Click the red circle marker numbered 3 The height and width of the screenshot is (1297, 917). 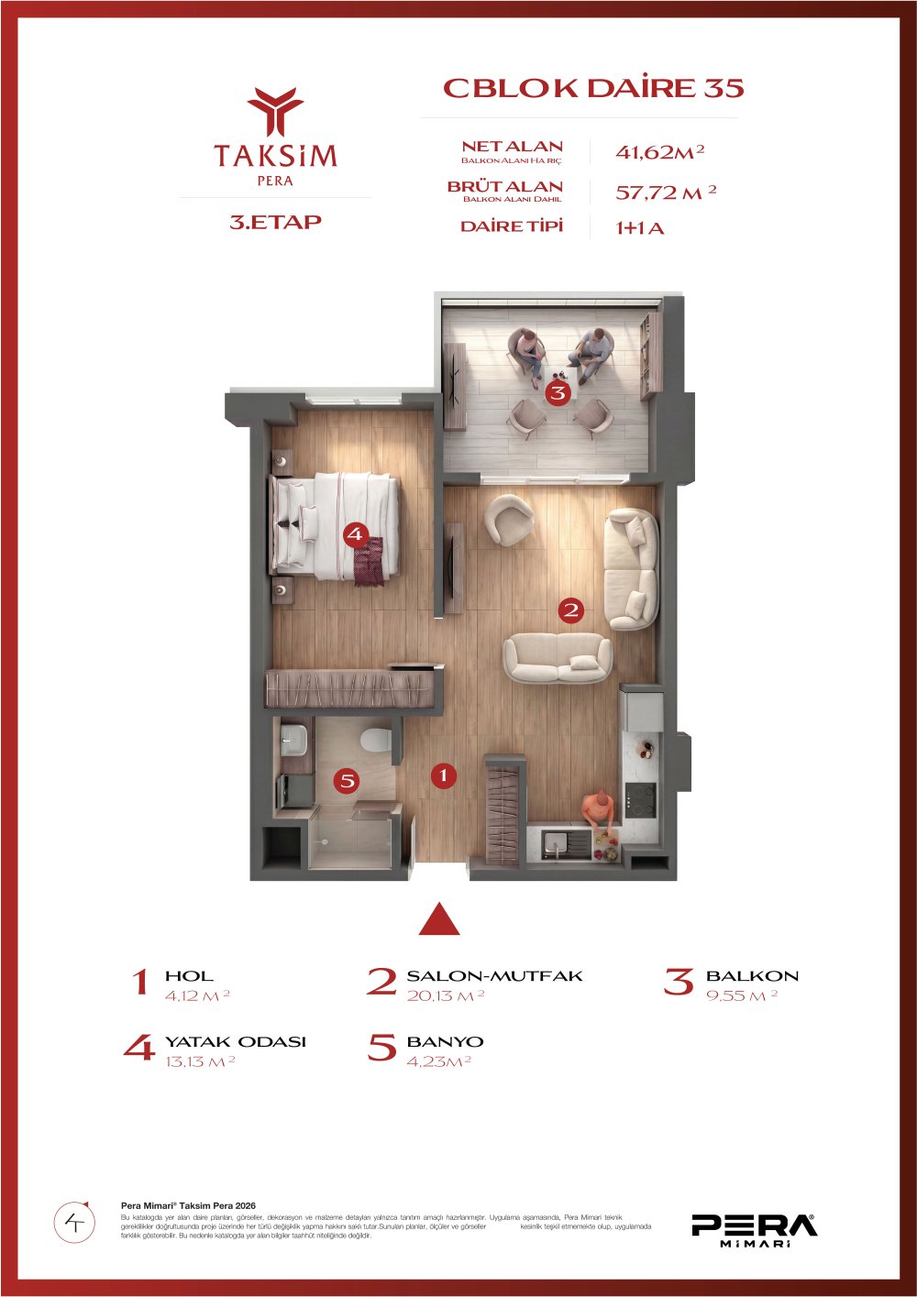coord(558,393)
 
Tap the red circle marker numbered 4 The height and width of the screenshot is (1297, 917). coord(355,533)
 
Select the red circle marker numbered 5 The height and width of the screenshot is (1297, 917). coord(347,781)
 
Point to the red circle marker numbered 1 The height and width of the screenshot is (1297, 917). coord(444,775)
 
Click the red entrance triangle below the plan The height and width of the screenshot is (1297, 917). coord(439,919)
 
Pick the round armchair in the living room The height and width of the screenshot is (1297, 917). coord(509,519)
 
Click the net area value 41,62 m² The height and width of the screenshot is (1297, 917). coord(660,152)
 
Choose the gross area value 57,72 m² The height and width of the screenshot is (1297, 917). coord(666,192)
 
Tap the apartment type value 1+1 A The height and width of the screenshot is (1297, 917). coord(639,228)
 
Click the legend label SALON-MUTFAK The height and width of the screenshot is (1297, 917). coord(494,975)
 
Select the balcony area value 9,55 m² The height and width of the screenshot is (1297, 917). coord(742,996)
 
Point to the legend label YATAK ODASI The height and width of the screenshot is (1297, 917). coord(235,1041)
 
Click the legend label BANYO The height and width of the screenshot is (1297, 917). coord(445,1041)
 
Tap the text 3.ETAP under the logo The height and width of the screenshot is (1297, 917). coord(275,222)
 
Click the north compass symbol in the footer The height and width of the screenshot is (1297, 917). coord(74,1221)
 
